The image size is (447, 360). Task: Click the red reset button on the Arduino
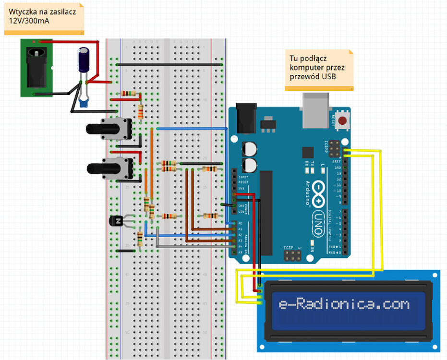343,120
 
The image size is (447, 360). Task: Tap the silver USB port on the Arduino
315,109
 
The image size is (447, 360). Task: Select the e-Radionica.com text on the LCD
343,305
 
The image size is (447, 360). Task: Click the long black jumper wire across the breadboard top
169,64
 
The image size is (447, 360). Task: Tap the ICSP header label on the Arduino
288,248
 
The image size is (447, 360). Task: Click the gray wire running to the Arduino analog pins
192,247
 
